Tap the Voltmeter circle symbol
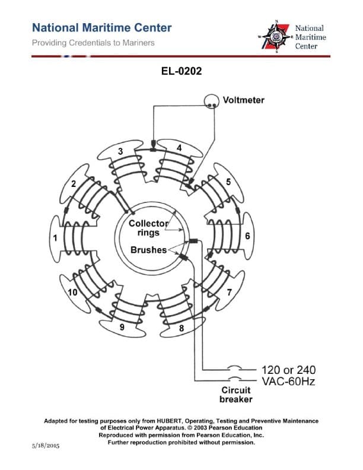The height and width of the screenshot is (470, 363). point(211,103)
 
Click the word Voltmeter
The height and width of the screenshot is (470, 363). point(244,100)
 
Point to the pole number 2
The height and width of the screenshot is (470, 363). point(74,183)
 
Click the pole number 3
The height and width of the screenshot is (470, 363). point(120,152)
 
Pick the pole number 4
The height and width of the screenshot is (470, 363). point(179,147)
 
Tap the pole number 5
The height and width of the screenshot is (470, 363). point(228,181)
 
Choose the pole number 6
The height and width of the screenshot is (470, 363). point(247,236)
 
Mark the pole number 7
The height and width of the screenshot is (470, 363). point(229,292)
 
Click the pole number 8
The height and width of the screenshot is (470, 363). point(181,328)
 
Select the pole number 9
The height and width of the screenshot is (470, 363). point(122,326)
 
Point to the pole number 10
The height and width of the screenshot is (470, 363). point(72,292)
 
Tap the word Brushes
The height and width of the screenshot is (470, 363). point(148,250)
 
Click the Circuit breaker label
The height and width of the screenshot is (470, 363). point(236,395)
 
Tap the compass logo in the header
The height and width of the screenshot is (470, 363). point(275,37)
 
